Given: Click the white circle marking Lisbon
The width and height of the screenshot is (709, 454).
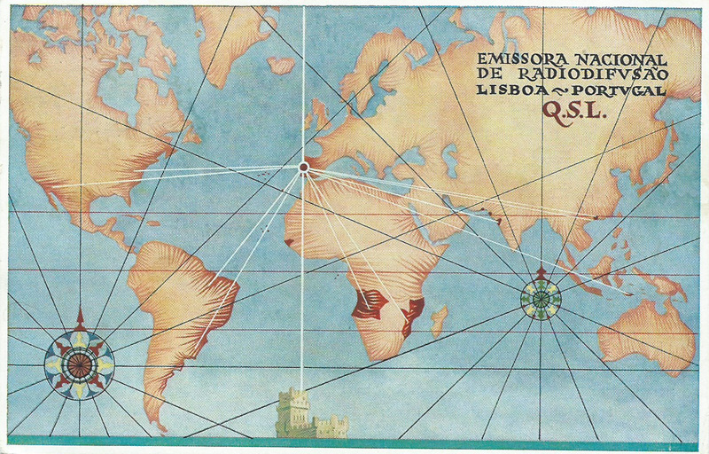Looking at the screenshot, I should pos(304,166).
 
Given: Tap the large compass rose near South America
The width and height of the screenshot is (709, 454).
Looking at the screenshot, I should pos(80,363).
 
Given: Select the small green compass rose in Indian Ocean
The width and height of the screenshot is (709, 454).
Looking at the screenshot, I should pos(541,298).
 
